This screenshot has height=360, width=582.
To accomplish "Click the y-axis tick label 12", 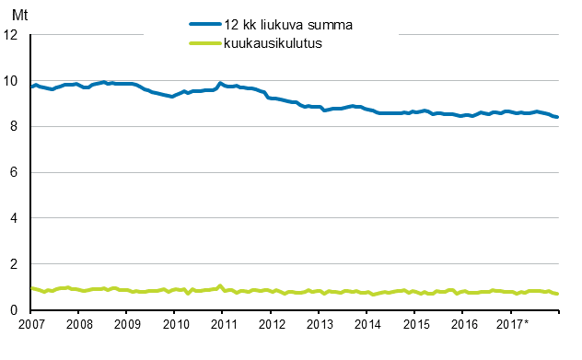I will [11, 35].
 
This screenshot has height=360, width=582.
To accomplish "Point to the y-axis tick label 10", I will [11, 81].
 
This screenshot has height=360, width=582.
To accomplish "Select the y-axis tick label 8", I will [15, 127].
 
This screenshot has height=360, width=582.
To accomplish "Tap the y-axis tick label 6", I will [15, 173].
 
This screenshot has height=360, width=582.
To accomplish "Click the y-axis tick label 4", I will [15, 219].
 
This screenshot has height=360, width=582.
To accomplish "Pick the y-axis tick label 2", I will [15, 265].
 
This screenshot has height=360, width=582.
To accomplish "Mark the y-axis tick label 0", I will [15, 311].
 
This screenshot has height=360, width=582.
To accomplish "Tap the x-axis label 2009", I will [127, 325].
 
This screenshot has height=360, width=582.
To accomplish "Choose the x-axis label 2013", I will [320, 325].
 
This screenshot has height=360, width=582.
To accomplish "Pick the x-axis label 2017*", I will [513, 325].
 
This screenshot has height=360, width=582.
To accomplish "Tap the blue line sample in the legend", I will [205, 25].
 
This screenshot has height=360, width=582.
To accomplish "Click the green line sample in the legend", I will [205, 43].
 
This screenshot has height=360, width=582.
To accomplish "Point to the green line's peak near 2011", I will [220, 285].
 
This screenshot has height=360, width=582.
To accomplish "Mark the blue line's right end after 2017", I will [557, 117].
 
